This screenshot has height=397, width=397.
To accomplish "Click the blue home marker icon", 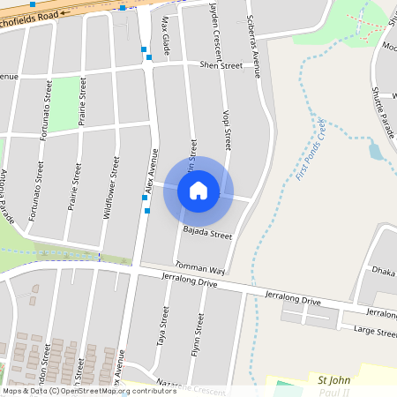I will coord(198,191).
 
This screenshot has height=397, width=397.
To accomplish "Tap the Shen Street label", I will coord(221,65).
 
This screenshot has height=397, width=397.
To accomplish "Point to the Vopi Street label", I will coord(228,129).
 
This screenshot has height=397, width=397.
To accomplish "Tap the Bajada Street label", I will coord(207,236).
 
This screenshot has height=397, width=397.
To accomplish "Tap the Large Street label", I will coord(375,332).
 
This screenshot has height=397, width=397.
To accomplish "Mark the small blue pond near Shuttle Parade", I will coord(376,151).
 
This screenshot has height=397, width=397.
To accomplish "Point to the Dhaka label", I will coord(383,271).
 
